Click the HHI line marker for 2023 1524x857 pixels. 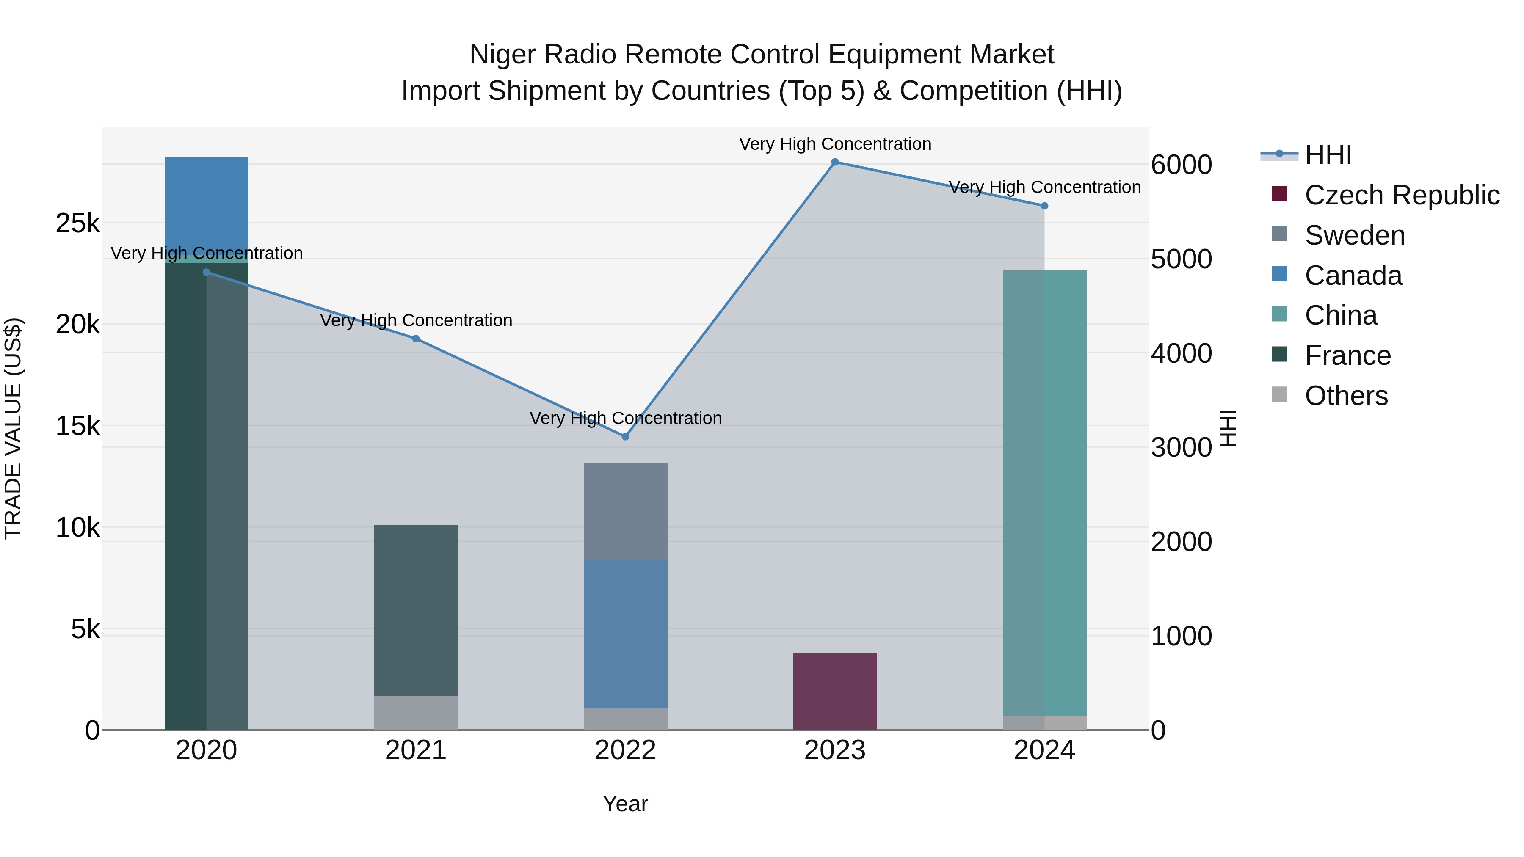(x=835, y=162)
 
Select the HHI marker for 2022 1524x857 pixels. (x=625, y=436)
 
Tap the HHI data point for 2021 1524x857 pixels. (x=416, y=339)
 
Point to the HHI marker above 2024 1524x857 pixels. (x=1044, y=206)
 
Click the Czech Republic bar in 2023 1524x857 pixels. (x=835, y=692)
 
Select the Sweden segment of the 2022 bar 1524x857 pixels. (x=625, y=512)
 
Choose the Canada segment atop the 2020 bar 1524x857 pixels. (x=207, y=201)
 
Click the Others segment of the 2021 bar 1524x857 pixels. (x=416, y=713)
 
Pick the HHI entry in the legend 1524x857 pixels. (x=1328, y=155)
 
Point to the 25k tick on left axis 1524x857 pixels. (x=77, y=223)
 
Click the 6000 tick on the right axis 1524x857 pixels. (x=1181, y=165)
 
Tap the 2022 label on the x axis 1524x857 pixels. (x=625, y=750)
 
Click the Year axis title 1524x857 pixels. (x=625, y=804)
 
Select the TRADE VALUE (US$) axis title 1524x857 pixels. (x=13, y=428)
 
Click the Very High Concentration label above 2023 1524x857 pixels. (x=835, y=144)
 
